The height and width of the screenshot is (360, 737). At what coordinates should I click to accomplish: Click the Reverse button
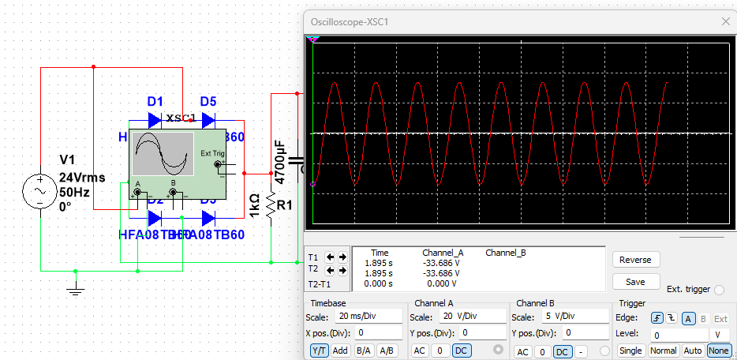pos(635,260)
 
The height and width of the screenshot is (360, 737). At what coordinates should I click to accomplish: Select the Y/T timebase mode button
pos(318,351)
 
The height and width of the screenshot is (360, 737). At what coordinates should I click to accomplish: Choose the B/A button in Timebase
pos(364,351)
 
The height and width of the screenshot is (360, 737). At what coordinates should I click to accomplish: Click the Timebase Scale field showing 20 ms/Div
pos(367,316)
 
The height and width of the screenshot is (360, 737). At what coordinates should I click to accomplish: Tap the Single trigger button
pos(630,351)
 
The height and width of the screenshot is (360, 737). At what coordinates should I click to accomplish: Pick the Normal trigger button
pos(662,351)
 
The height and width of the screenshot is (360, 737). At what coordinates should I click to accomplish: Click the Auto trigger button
pos(692,351)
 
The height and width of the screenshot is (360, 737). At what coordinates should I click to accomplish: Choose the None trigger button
pos(719,351)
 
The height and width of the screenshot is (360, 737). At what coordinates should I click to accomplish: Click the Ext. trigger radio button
pos(718,290)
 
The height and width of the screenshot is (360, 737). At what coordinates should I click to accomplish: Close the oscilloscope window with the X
pos(724,21)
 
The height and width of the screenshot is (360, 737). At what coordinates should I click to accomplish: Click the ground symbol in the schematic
pos(76,289)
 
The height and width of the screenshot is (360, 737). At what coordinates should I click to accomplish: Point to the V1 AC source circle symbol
pos(39,192)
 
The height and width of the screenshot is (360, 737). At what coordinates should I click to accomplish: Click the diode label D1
pos(155,101)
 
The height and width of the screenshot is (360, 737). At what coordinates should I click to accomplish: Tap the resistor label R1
pos(285,205)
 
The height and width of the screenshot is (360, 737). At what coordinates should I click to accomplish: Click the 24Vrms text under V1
pos(82,178)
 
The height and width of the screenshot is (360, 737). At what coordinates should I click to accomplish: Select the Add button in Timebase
pos(341,351)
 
